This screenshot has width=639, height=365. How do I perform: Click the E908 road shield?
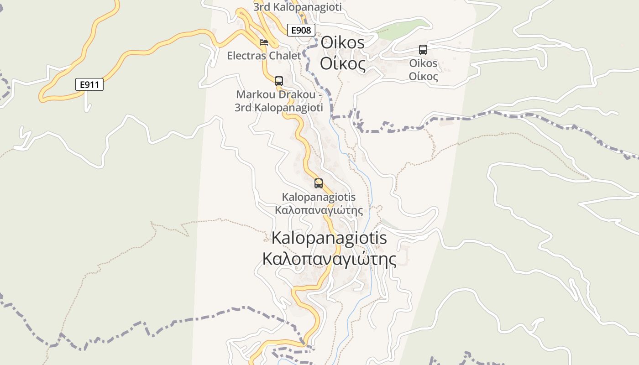point(301,30)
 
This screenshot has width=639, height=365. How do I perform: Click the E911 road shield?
point(89,84)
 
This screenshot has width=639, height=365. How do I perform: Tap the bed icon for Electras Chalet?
point(264,42)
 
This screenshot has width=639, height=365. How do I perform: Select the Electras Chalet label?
point(264,56)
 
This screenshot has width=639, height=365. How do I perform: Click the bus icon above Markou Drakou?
point(279,81)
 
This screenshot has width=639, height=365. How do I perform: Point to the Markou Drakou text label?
point(279,95)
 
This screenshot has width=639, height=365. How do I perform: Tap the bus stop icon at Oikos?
point(423,50)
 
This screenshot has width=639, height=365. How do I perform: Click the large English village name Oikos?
point(343,43)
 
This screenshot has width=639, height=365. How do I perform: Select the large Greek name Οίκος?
point(343,63)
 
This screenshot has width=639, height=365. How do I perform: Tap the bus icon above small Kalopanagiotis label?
point(319,183)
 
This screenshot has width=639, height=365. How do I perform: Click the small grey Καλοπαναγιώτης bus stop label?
point(319,210)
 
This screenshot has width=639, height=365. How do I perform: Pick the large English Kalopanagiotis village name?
point(329,238)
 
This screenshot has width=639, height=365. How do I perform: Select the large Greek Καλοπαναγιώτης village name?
point(329,259)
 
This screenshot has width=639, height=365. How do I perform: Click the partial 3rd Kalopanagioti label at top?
point(297,7)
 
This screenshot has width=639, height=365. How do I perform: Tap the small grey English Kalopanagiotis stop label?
point(319,197)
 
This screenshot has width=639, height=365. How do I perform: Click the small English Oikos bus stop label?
point(423,63)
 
